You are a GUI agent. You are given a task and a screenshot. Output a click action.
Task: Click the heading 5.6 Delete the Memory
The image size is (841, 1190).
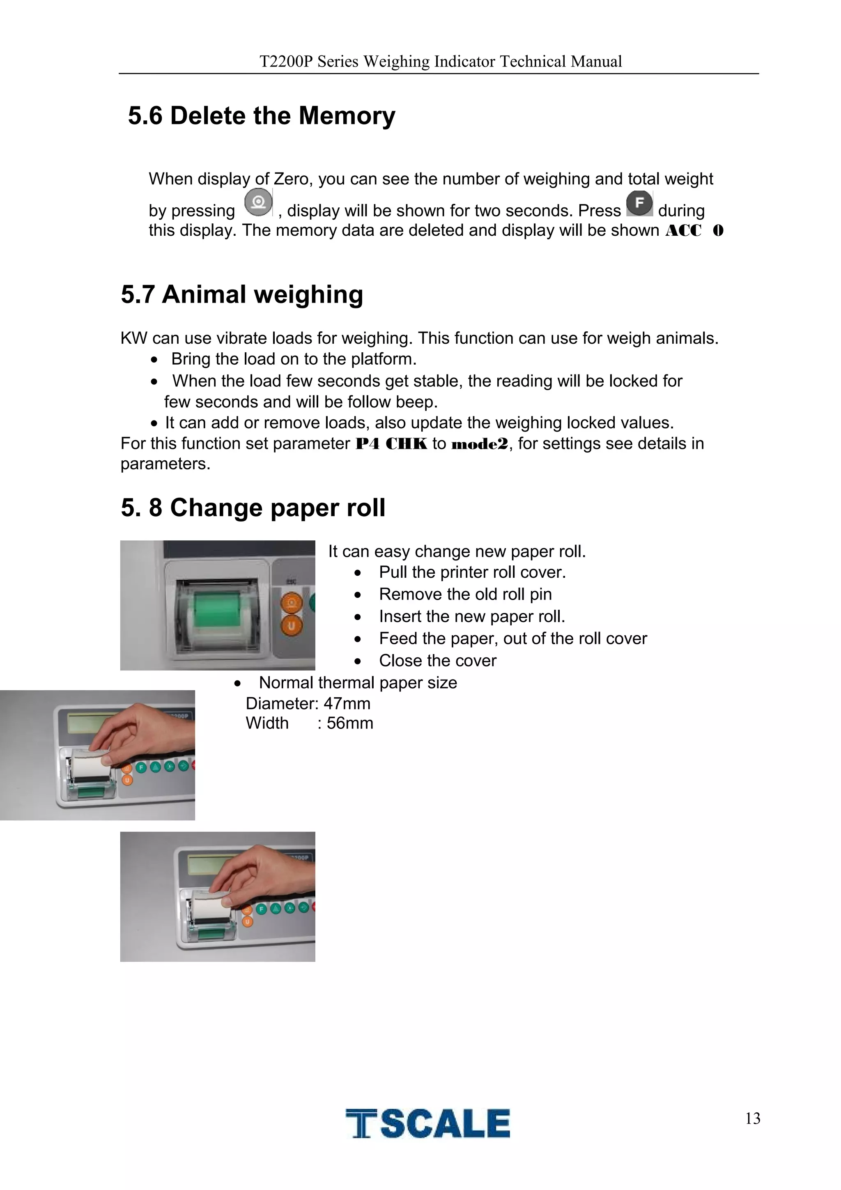click(261, 115)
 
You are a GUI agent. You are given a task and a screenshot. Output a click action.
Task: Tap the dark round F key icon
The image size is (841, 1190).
click(639, 203)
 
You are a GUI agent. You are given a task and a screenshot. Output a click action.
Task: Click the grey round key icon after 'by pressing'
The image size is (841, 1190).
click(258, 202)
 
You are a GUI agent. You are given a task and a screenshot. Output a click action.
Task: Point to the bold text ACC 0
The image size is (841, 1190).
click(694, 231)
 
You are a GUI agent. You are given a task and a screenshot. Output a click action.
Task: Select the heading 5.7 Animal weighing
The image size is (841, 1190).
click(241, 294)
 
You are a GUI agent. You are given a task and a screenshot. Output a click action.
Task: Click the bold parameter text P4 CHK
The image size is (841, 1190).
click(391, 444)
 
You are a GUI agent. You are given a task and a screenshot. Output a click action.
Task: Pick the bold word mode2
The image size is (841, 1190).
click(480, 445)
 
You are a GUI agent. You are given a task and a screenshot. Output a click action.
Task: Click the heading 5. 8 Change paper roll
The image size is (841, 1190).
click(253, 508)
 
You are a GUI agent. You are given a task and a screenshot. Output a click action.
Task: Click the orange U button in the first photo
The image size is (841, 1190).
click(291, 626)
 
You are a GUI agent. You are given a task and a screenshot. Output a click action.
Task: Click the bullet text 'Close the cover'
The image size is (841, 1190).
click(437, 661)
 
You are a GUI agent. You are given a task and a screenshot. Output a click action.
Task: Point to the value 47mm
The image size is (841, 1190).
click(347, 704)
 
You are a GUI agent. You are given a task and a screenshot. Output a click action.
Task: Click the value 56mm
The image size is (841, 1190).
click(350, 724)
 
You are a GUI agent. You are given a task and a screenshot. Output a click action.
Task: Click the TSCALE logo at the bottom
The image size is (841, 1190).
click(427, 1123)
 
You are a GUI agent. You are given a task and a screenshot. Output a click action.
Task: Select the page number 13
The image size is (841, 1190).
click(752, 1119)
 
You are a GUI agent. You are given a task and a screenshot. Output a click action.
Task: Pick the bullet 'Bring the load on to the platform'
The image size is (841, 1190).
click(294, 359)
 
